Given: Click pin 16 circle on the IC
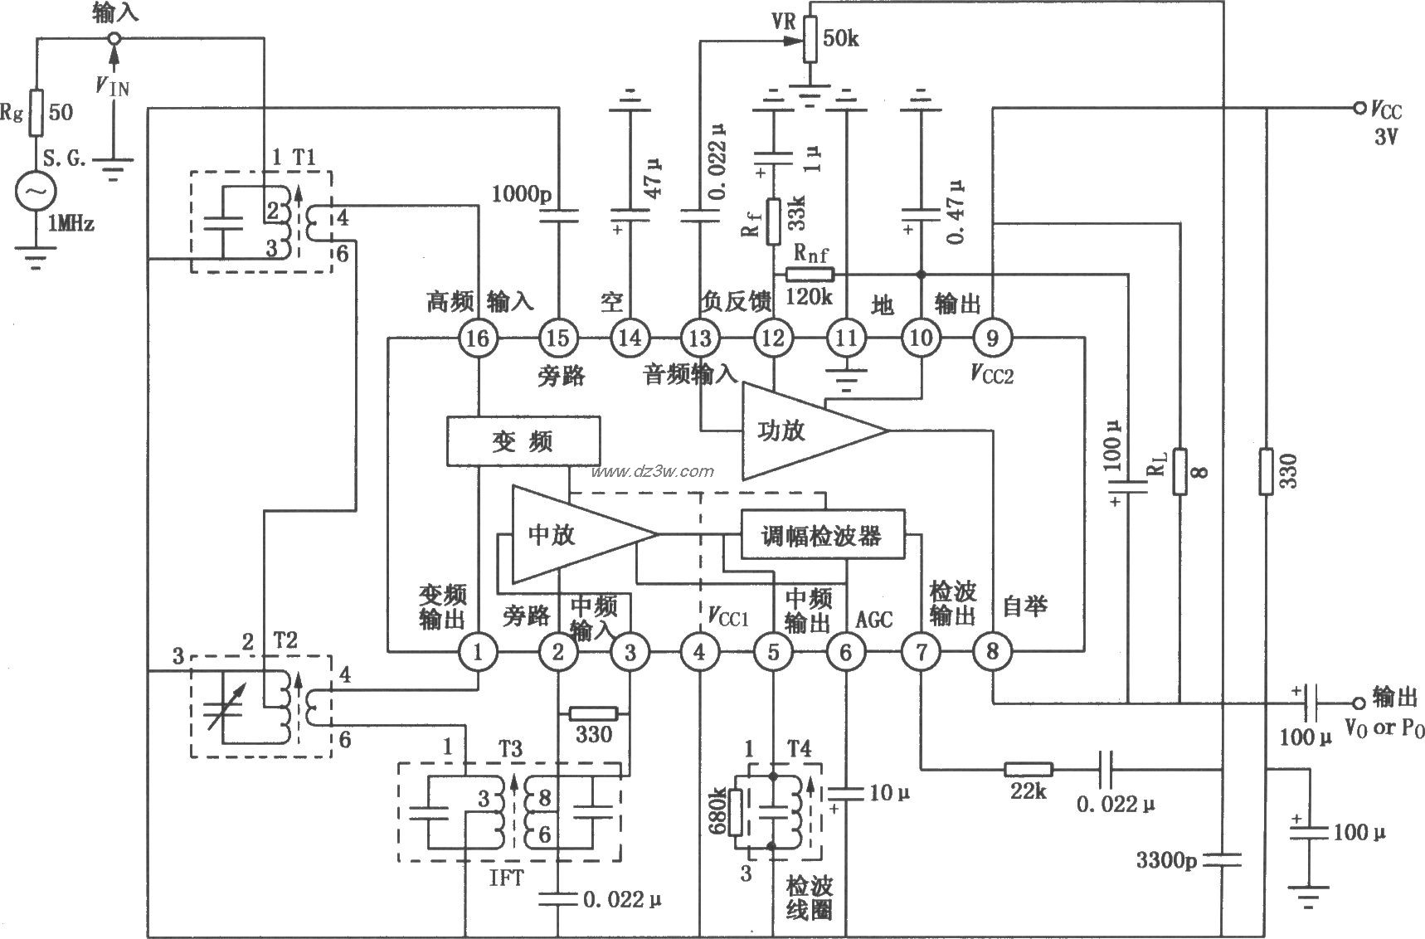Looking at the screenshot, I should click(x=479, y=338).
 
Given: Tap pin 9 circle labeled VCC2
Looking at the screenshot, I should click(x=992, y=338).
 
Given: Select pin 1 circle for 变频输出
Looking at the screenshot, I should click(x=479, y=652).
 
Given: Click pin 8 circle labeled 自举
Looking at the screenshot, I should click(x=992, y=652).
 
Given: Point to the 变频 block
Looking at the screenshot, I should click(x=523, y=441).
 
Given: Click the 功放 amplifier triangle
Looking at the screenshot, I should click(x=796, y=431).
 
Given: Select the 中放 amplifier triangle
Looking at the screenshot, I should click(x=564, y=535).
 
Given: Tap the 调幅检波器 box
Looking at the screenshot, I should click(x=821, y=535).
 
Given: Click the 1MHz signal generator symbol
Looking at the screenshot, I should click(x=36, y=191).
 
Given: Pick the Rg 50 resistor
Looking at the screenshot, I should click(x=36, y=113).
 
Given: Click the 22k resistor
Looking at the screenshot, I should click(x=1029, y=769).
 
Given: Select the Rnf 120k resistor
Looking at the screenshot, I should click(x=809, y=275).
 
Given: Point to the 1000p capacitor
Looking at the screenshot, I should click(x=557, y=217).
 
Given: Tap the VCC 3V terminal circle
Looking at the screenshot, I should click(x=1358, y=109).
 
